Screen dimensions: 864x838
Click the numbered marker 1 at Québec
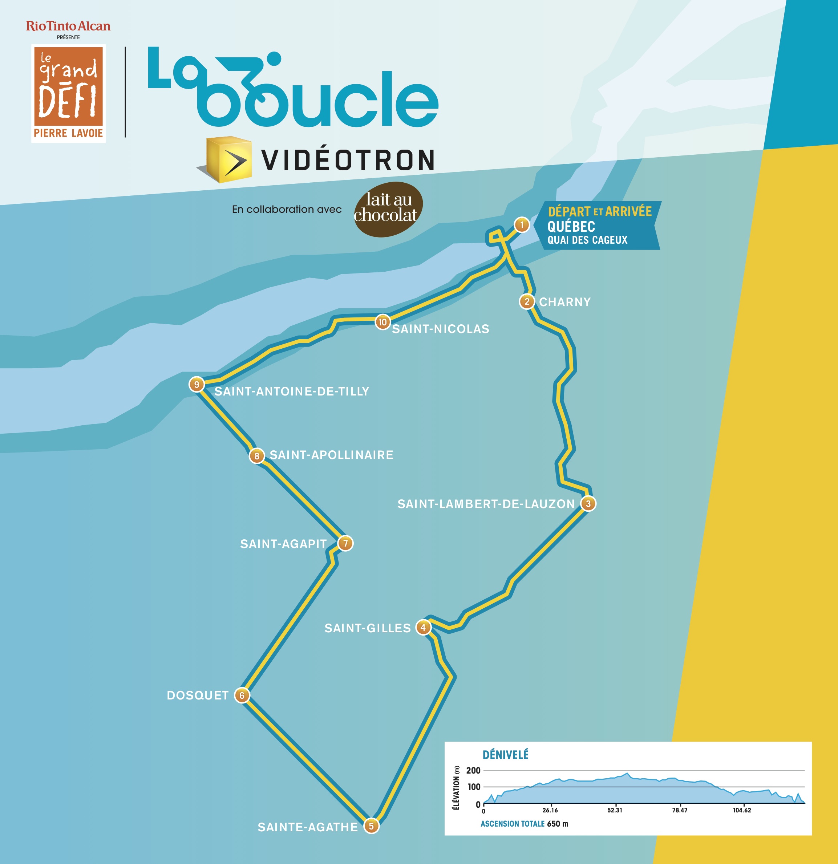point(522,225)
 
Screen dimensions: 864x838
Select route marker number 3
point(588,503)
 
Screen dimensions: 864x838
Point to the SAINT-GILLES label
point(367,628)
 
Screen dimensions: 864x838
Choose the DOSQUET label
point(198,695)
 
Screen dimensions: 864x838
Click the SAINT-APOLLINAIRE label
point(332,455)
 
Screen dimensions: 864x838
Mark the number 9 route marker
point(197,384)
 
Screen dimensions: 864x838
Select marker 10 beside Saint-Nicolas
point(382,322)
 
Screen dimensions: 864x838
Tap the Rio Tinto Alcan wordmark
point(68,27)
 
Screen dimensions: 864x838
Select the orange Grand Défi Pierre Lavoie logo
point(68,93)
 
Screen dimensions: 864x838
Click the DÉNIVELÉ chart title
point(505,755)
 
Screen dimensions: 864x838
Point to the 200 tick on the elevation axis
point(473,771)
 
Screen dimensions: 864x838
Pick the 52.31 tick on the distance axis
point(615,810)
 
